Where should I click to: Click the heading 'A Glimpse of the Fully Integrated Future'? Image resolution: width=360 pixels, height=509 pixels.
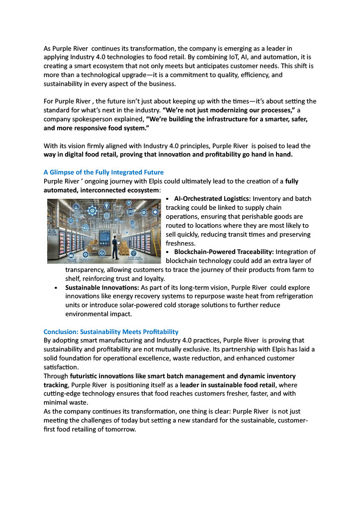(103, 172)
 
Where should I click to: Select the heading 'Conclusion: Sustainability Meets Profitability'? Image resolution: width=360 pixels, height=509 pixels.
(111, 332)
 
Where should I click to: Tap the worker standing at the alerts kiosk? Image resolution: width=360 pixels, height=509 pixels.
(114, 247)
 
